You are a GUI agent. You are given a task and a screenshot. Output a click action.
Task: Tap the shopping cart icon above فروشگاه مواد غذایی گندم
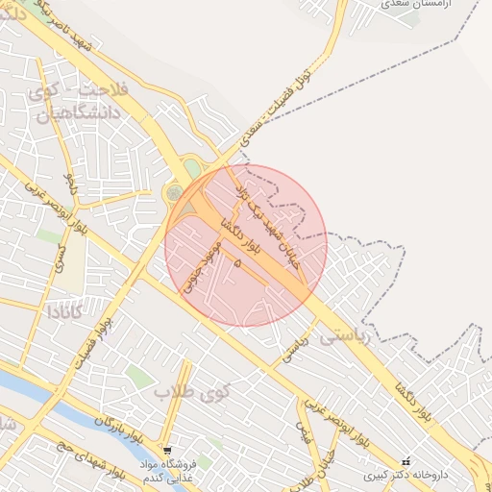[168, 450]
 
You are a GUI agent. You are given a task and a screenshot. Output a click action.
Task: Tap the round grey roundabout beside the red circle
[174, 193]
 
